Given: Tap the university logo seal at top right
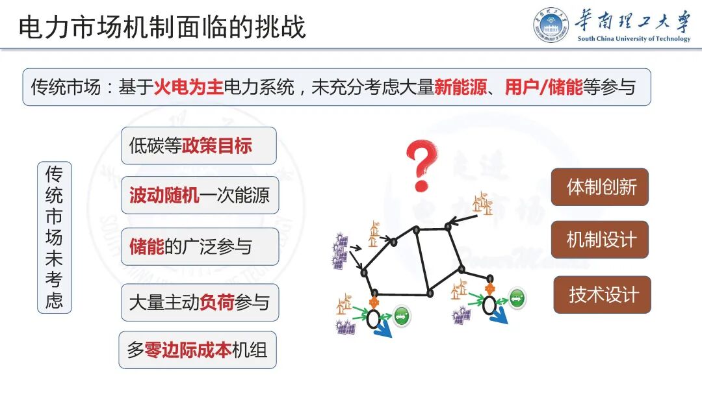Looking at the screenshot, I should click(x=551, y=26).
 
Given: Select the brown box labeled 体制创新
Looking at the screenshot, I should click(x=601, y=187).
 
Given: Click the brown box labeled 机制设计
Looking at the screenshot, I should click(x=601, y=240).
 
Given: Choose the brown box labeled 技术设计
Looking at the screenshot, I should click(x=603, y=294).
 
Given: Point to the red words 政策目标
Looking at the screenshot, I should click(x=216, y=146).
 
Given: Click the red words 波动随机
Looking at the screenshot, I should click(x=164, y=196).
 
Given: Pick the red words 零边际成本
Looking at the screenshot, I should click(x=188, y=350).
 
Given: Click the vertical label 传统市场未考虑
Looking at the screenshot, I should click(x=55, y=237).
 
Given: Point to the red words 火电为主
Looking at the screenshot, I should click(x=188, y=87).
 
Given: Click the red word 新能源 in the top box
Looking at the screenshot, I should click(x=460, y=87).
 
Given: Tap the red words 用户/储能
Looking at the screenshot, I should click(x=543, y=87).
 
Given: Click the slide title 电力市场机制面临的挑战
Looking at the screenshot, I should click(x=162, y=27).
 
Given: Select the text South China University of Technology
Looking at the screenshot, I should click(x=634, y=39).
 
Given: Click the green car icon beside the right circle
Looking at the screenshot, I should click(x=517, y=298).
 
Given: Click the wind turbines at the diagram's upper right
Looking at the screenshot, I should click(x=482, y=203).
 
